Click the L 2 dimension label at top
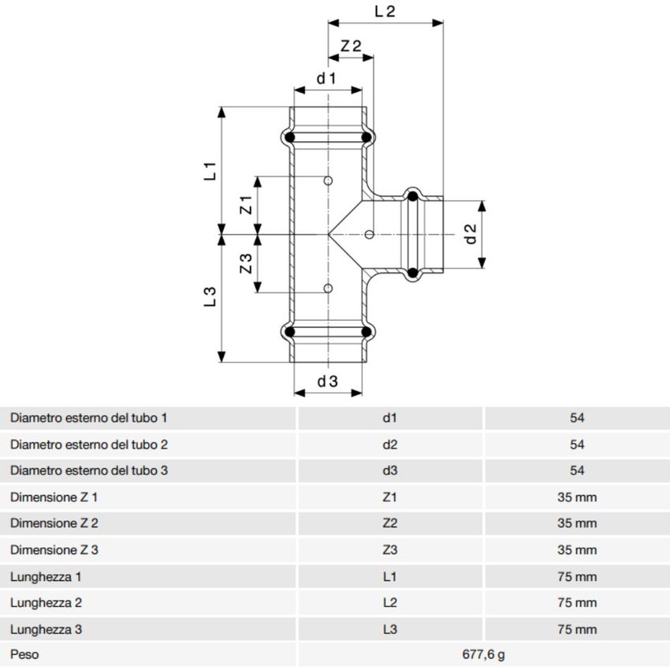[384, 11]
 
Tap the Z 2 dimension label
[351, 46]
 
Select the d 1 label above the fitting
[326, 78]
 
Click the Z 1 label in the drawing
[246, 206]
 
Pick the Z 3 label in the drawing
[246, 263]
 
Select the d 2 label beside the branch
[471, 234]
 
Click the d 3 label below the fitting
[327, 382]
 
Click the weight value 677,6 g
[483, 654]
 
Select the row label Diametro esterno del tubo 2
[89, 445]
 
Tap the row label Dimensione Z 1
[54, 497]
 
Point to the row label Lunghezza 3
[47, 630]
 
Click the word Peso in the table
[24, 654]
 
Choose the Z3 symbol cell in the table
[389, 550]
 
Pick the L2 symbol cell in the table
[389, 603]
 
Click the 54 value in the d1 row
[577, 418]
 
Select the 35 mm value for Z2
[577, 523]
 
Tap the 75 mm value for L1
[577, 577]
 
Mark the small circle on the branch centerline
[370, 234]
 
